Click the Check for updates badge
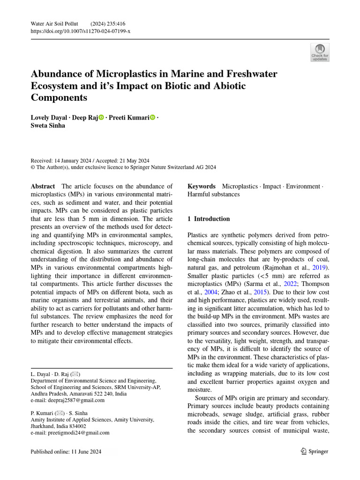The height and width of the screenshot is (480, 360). [x=320, y=52]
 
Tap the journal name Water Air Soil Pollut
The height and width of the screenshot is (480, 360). [x=51, y=23]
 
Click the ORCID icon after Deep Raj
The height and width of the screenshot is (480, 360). [x=101, y=117]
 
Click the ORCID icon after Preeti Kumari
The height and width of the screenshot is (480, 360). [x=152, y=117]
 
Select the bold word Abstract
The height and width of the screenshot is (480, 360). [x=43, y=186]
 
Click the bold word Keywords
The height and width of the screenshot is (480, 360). [x=201, y=186]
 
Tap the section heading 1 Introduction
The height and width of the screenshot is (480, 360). [x=209, y=219]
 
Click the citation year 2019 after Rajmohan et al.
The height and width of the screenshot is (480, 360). [x=321, y=268]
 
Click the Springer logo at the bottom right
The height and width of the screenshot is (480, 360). [x=314, y=451]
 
